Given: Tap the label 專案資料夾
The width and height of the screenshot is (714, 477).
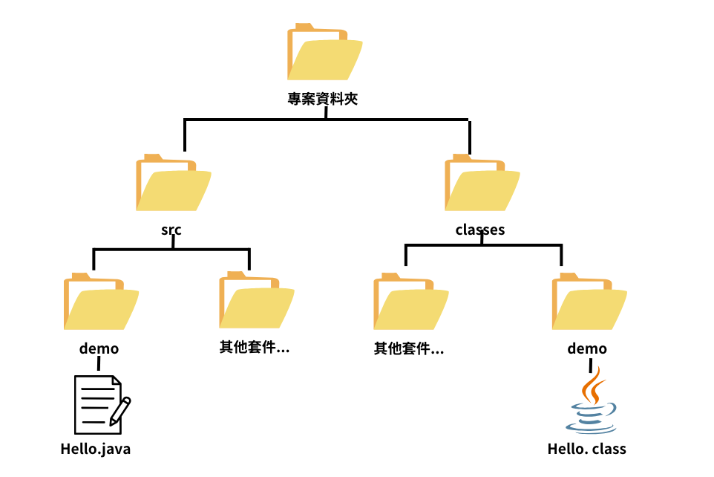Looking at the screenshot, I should [x=323, y=99].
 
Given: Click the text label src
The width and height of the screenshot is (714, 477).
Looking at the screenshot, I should [x=171, y=230].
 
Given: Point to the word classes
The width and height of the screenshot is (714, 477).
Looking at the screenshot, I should [x=480, y=230].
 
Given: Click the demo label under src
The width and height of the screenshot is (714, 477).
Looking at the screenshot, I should [x=99, y=348].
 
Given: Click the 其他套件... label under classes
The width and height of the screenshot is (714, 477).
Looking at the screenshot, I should [x=409, y=348].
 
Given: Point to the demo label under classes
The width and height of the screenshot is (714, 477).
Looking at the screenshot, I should [x=587, y=348].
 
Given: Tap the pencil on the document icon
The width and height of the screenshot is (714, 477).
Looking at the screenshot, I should [x=120, y=411].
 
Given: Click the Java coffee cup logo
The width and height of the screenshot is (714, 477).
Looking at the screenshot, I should [x=591, y=416].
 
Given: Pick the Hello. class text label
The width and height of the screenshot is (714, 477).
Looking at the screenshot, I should [x=587, y=449].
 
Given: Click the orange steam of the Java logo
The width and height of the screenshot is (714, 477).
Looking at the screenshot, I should [x=592, y=384].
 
